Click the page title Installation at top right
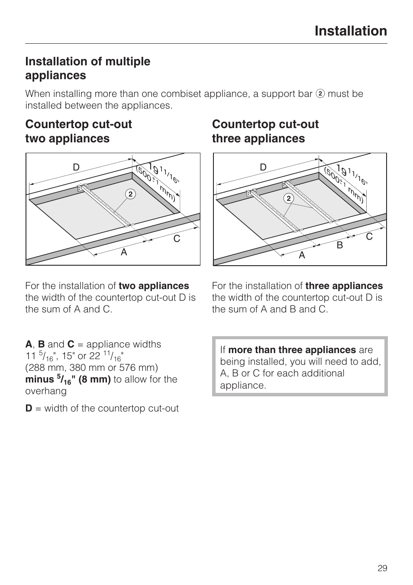pos(351,31)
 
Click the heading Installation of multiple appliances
pos(87,68)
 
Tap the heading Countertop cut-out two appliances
pos(78,131)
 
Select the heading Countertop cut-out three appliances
pos(265,131)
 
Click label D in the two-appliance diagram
pos(76,167)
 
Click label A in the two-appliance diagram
pos(124,252)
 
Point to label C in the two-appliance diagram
pos(177,239)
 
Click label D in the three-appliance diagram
pos(263,167)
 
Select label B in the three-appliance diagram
pos(340,245)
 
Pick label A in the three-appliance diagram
pos(302,255)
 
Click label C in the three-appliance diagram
pos(369,237)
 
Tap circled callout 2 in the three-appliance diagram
pos(289,199)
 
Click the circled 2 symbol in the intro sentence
pos(320,94)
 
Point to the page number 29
pos(382,568)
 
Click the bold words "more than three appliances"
pos(292,350)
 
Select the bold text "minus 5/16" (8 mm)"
pos(68,379)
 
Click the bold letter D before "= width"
pos(29,408)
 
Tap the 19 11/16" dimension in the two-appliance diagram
pos(161,173)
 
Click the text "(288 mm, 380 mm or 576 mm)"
pos(91,368)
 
